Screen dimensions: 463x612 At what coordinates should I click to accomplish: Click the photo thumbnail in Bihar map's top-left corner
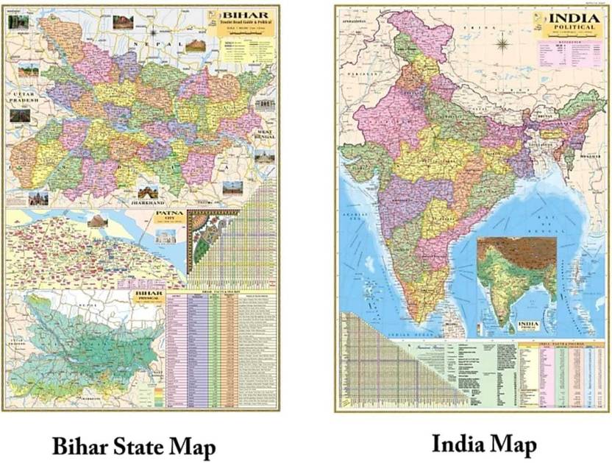18,22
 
